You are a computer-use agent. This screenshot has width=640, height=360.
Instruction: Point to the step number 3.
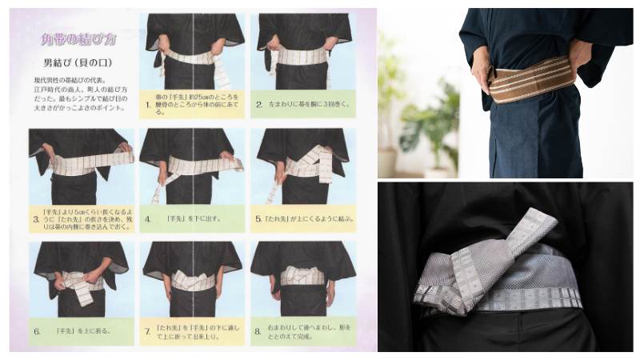[x=35, y=216]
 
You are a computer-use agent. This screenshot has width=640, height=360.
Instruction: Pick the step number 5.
[x=259, y=217]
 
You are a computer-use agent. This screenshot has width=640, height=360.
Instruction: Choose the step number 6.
[x=35, y=330]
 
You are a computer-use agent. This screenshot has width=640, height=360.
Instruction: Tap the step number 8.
[x=259, y=330]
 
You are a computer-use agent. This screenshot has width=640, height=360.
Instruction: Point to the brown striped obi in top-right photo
[x=532, y=79]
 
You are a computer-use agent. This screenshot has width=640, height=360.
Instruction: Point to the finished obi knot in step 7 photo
[x=192, y=280]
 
